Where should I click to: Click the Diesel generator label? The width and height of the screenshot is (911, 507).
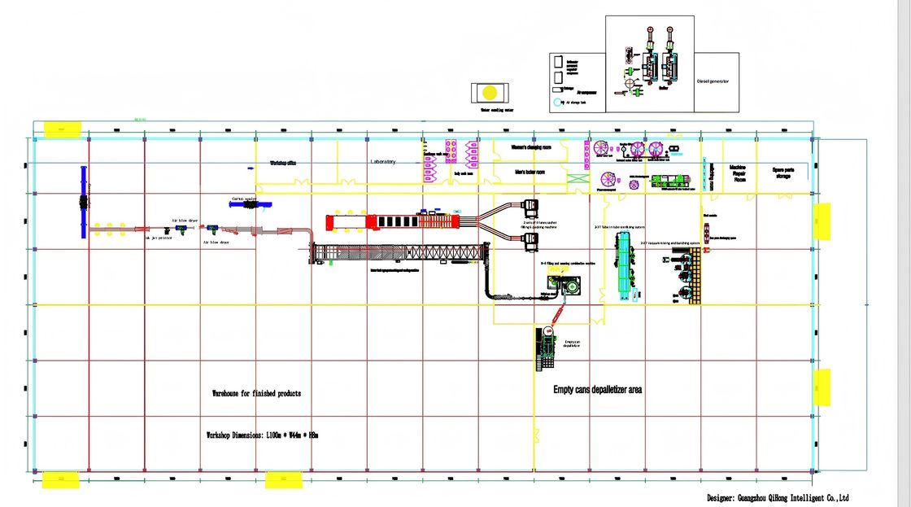click(713, 81)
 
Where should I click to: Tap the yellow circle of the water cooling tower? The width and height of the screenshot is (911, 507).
click(490, 92)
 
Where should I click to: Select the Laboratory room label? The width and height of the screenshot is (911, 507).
click(383, 162)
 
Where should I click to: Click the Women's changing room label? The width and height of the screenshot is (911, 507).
click(530, 147)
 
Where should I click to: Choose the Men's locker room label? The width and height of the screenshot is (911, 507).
click(530, 172)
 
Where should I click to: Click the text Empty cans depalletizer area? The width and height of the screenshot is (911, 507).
click(598, 390)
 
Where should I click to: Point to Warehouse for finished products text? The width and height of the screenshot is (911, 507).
click(256, 393)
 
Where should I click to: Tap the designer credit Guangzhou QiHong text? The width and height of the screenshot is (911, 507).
click(778, 497)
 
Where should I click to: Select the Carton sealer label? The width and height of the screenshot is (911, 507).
click(244, 198)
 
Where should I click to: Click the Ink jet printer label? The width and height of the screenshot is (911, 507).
click(159, 238)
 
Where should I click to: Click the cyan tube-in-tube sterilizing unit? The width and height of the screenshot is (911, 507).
click(625, 264)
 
